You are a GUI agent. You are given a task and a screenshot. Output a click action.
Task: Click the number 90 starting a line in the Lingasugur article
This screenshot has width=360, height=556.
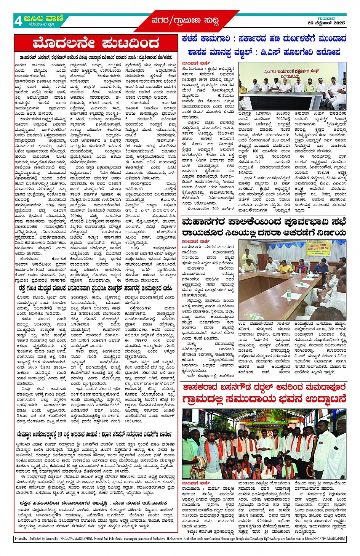pyautogui.click(x=184, y=144)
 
